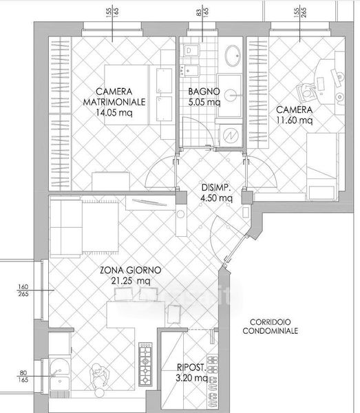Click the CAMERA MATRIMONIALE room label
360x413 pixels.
[114, 96]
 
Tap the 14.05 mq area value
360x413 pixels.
[114, 113]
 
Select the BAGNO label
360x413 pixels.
[204, 92]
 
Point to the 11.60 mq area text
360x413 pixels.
[295, 120]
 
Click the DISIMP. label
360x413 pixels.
[216, 188]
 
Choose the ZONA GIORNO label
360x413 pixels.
[130, 271]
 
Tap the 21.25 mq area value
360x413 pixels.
[130, 281]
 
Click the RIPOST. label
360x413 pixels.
[191, 367]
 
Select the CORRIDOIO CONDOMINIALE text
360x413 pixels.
[271, 326]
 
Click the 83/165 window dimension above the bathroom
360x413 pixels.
[202, 12]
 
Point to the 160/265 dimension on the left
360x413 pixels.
[23, 290]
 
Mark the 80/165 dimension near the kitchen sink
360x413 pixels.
[23, 377]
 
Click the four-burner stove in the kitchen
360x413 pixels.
[145, 364]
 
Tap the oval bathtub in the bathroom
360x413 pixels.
[233, 56]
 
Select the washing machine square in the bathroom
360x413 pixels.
[231, 136]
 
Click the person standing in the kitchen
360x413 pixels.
[98, 377]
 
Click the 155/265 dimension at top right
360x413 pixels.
[300, 12]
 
